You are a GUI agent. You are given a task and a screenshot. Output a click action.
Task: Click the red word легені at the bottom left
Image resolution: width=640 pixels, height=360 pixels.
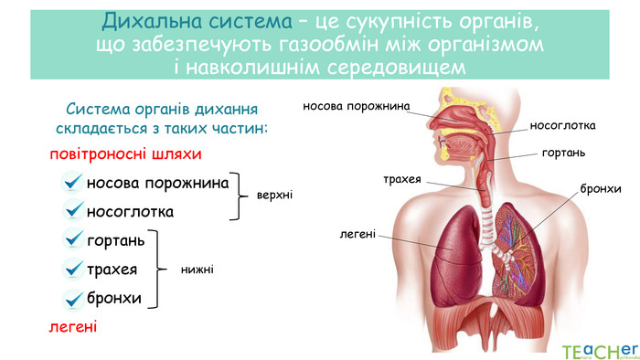tap(73, 326)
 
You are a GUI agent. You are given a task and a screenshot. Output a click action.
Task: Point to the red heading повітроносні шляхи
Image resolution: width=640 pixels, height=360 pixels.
tap(125, 154)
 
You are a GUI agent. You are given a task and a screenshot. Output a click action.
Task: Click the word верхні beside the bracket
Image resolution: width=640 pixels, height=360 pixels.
tap(275, 196)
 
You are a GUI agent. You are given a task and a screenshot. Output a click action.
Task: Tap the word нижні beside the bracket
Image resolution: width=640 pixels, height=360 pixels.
tap(197, 270)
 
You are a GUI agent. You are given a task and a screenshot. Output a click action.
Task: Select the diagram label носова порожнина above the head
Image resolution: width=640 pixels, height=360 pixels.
tap(357, 108)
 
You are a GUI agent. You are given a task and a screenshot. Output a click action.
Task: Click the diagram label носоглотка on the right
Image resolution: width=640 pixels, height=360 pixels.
tap(562, 125)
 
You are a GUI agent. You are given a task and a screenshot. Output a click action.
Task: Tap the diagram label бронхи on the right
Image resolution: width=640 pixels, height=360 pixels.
tap(601, 188)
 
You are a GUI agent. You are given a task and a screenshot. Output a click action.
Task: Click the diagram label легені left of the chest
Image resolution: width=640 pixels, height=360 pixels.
tap(357, 234)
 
